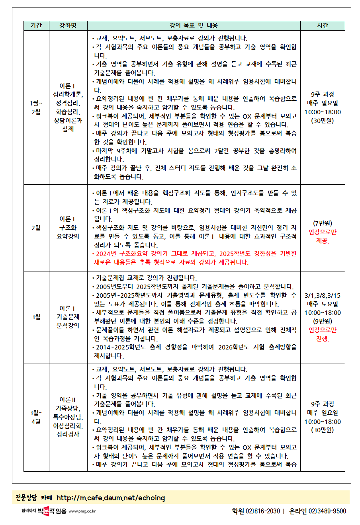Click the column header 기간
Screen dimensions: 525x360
[x=36, y=25]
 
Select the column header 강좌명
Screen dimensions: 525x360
[x=68, y=25]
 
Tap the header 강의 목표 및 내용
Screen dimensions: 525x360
[x=194, y=25]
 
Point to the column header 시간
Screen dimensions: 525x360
[x=323, y=25]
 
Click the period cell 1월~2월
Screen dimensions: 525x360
[x=36, y=107]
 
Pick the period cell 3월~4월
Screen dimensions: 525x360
[x=36, y=417]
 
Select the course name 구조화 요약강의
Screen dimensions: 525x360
[x=68, y=228]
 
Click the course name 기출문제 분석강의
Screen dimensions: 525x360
[x=68, y=317]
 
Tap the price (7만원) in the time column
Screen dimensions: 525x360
[x=323, y=223]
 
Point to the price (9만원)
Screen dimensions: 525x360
[x=323, y=321]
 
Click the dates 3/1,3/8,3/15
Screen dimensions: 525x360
[x=323, y=296]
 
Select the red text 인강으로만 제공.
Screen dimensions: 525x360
[x=323, y=236]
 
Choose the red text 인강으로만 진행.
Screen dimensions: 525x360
[x=323, y=334]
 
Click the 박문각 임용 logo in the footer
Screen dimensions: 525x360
[x=52, y=511]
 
